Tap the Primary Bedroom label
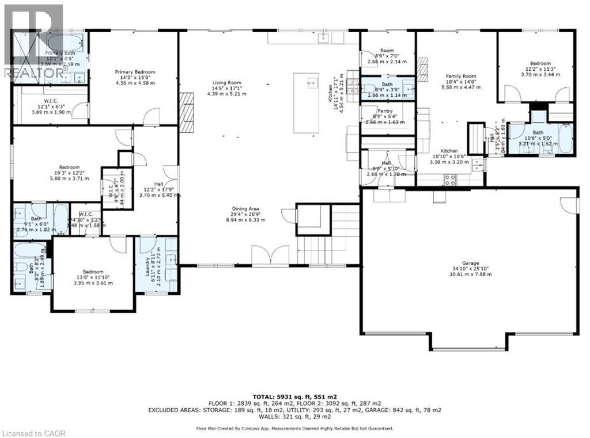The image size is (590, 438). pyautogui.click(x=135, y=77)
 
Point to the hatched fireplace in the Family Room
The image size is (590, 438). pyautogui.click(x=423, y=67)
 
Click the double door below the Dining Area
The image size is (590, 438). pyautogui.click(x=271, y=255)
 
